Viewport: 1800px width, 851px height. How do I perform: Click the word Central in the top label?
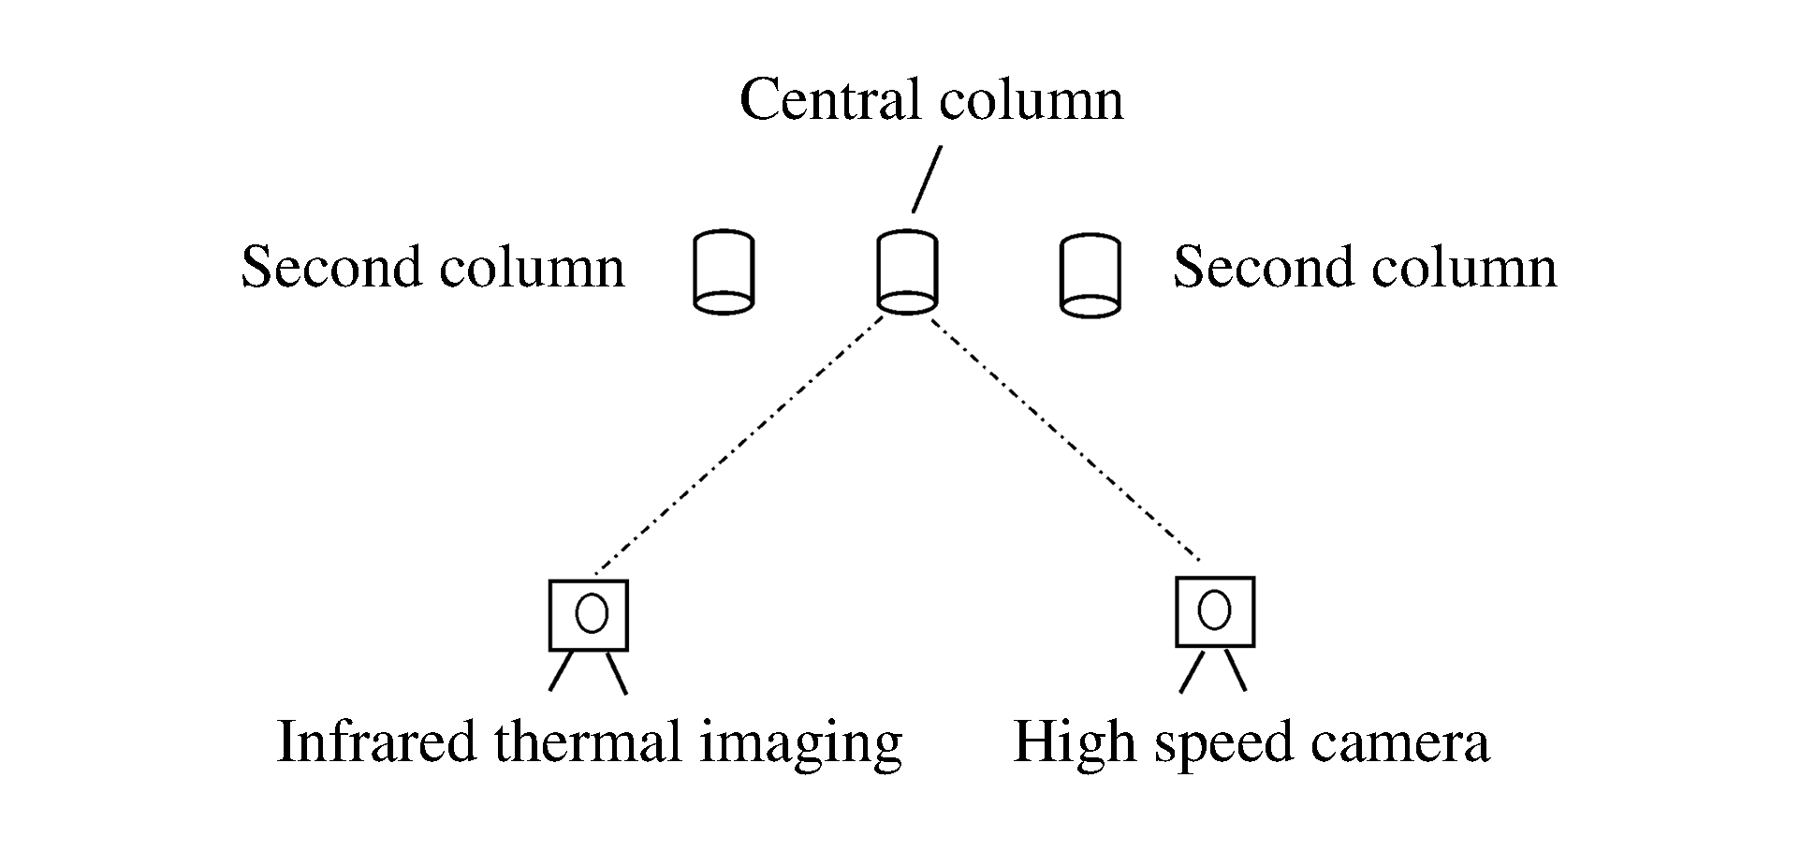point(827,100)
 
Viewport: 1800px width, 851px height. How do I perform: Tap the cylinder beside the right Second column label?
point(1090,275)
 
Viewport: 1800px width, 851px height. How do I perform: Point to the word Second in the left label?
point(331,268)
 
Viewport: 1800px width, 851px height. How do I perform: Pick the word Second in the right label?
point(1264,268)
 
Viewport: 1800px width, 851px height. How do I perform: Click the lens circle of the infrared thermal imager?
point(592,613)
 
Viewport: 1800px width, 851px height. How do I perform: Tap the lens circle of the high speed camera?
point(1214,610)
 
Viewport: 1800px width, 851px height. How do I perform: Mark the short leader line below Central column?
point(927,179)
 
